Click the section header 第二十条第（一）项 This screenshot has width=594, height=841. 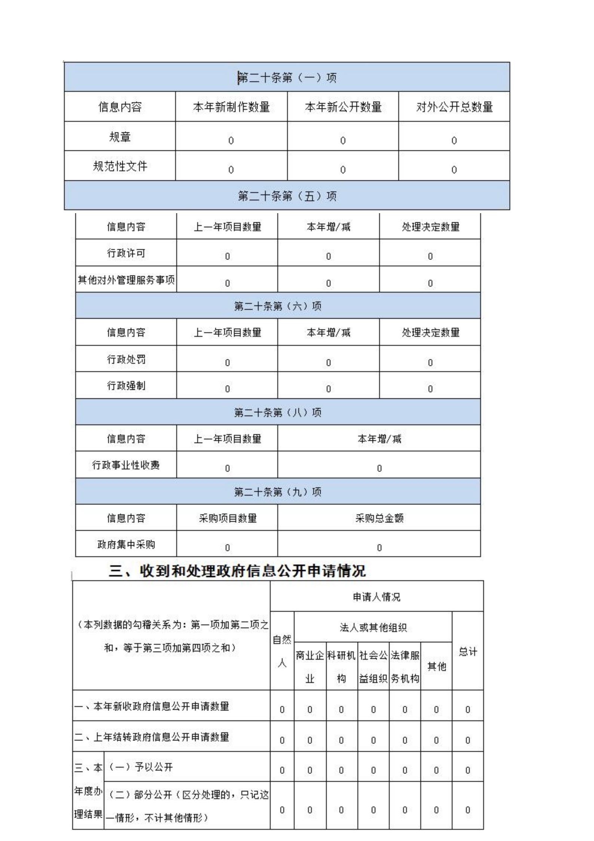(x=287, y=78)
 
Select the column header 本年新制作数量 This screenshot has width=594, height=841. (x=231, y=107)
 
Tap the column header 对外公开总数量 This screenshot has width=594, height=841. (x=454, y=107)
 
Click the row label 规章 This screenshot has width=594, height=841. (x=120, y=137)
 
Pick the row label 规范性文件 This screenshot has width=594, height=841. (x=120, y=166)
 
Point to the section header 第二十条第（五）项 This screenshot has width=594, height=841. (x=287, y=196)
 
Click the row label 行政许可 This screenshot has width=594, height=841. (x=126, y=253)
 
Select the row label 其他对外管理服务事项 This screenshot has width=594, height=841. (x=126, y=280)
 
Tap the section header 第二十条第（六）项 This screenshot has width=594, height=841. (x=278, y=306)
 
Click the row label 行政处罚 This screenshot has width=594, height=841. (x=126, y=359)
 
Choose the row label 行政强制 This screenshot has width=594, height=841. (x=126, y=385)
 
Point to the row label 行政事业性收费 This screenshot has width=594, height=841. (x=126, y=465)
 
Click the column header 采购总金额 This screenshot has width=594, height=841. (x=379, y=518)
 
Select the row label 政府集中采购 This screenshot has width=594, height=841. (x=126, y=544)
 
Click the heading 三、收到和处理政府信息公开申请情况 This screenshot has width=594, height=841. (x=237, y=571)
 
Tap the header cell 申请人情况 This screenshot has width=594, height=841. (x=377, y=597)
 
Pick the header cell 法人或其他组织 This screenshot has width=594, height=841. (x=373, y=627)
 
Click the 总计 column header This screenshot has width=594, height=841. (x=468, y=652)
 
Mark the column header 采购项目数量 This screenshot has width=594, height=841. (x=228, y=518)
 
